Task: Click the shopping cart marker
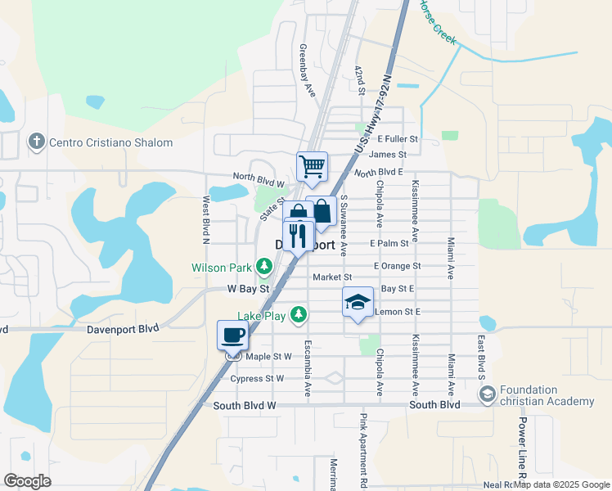pyautogui.click(x=312, y=167)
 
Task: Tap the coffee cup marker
pyautogui.click(x=232, y=335)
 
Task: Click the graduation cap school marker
pyautogui.click(x=358, y=303)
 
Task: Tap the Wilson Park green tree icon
pyautogui.click(x=264, y=266)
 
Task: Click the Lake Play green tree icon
pyautogui.click(x=299, y=314)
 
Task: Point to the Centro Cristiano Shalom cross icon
pyautogui.click(x=36, y=142)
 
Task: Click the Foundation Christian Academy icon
pyautogui.click(x=487, y=395)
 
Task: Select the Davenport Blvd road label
pyautogui.click(x=123, y=330)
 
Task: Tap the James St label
pyautogui.click(x=387, y=155)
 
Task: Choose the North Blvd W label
pyautogui.click(x=258, y=176)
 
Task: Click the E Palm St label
pyautogui.click(x=389, y=244)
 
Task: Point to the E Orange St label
pyautogui.click(x=397, y=266)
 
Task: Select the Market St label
pyautogui.click(x=331, y=277)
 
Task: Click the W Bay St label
pyautogui.click(x=249, y=289)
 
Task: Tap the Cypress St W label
pyautogui.click(x=257, y=378)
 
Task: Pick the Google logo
pyautogui.click(x=28, y=480)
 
